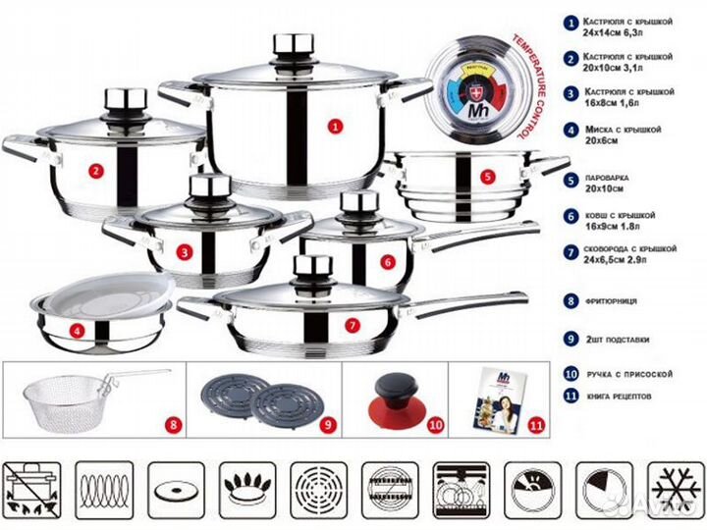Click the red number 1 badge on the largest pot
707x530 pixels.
point(335,125)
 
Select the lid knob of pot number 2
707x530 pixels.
point(125,101)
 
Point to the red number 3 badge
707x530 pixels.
point(184,251)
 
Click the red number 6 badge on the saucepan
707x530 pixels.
point(389,261)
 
